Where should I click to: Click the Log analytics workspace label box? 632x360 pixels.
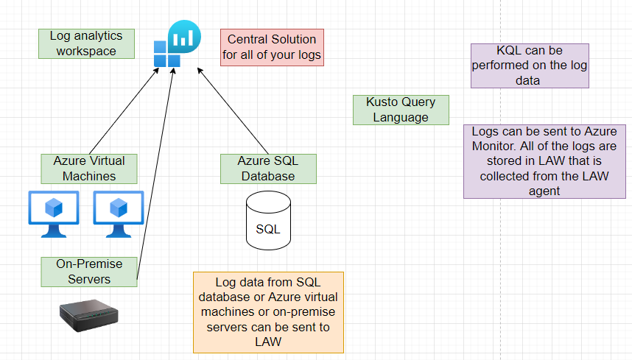click(86, 43)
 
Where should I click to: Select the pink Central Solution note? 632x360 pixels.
click(272, 46)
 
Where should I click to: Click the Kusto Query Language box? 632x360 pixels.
click(401, 110)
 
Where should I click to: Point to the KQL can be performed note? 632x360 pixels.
click(530, 66)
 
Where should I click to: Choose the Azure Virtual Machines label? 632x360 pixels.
click(89, 169)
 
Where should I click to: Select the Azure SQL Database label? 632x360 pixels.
click(268, 169)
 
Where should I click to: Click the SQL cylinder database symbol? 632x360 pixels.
click(267, 222)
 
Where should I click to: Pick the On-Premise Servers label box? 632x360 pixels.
click(89, 271)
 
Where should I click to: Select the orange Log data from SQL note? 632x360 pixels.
click(268, 312)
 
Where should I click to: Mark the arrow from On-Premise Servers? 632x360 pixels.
click(155, 177)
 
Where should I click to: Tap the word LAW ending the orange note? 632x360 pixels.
click(268, 342)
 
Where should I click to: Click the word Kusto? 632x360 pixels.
click(385, 102)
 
